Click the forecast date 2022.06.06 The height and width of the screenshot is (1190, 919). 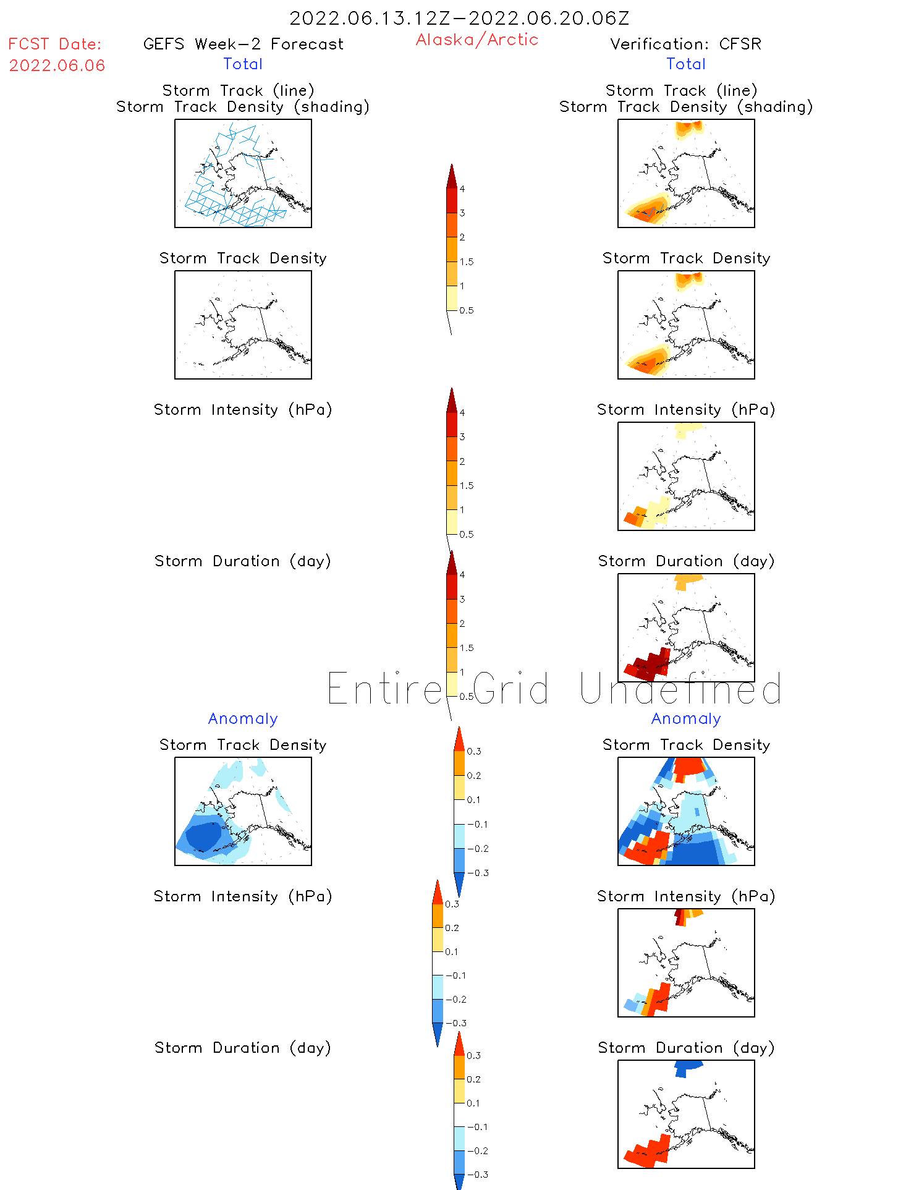point(57,66)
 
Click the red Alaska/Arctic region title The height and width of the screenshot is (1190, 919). point(476,40)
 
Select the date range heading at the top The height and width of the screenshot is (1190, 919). point(459,18)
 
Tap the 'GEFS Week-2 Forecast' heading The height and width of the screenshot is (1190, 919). point(243,44)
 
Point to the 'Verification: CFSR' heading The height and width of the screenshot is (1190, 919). point(685,44)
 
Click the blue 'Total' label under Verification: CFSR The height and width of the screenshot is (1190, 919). point(685,64)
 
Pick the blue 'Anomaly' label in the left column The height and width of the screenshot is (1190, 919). point(243,718)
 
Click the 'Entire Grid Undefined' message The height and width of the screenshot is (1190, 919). point(554,689)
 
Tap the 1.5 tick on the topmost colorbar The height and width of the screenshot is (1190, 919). point(467,261)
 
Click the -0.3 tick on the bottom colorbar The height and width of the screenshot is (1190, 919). point(478,1175)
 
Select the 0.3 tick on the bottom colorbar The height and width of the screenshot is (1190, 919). point(473,1055)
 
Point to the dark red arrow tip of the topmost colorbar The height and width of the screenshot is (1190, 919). point(452,174)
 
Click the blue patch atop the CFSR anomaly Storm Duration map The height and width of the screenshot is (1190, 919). point(687,1066)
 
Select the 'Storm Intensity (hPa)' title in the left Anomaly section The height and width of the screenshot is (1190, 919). point(243,896)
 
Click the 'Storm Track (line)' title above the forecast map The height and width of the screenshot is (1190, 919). point(239,90)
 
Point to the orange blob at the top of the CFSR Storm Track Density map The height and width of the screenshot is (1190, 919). point(688,280)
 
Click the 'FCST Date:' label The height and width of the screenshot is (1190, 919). point(55,44)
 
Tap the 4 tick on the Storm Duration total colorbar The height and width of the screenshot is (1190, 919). point(462,575)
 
